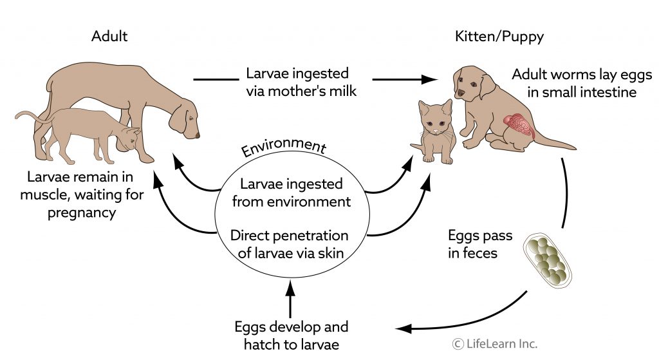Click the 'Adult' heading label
tap(109, 36)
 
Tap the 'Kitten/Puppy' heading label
tap(500, 36)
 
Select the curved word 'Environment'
tap(283, 147)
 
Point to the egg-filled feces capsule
tap(548, 263)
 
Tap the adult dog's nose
tap(196, 135)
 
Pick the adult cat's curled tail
tap(29, 116)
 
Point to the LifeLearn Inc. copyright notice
tap(494, 343)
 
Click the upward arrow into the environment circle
tap(290, 299)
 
